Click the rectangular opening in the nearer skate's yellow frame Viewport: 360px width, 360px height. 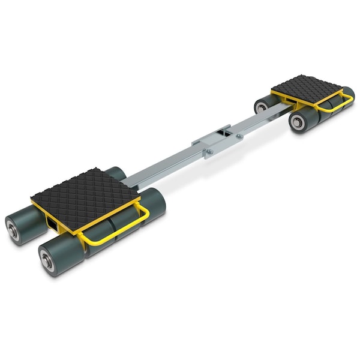point(53,224)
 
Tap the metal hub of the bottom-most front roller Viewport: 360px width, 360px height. point(45,260)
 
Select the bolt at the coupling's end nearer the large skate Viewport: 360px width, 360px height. point(208,152)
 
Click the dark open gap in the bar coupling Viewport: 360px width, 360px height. point(224,129)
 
